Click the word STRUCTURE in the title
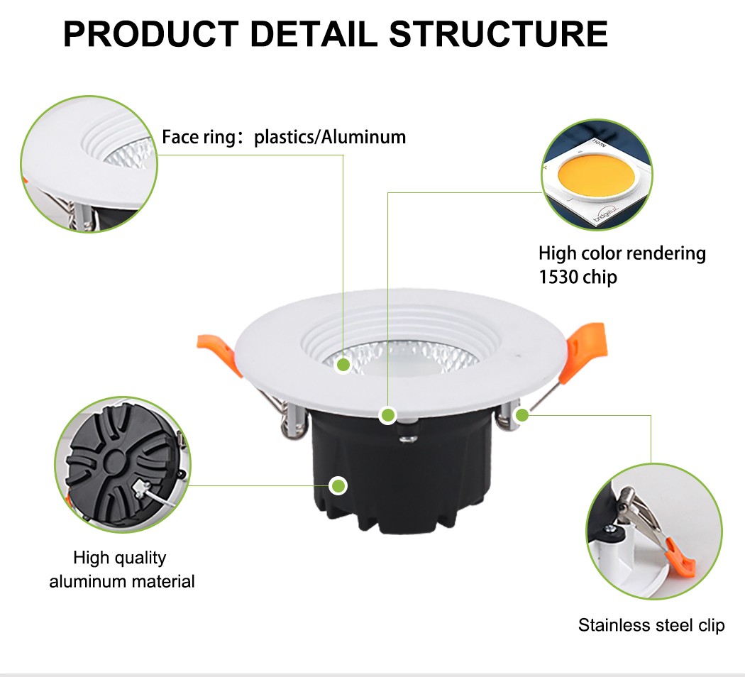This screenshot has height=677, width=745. pos(499,35)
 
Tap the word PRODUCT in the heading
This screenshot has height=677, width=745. pos(151,35)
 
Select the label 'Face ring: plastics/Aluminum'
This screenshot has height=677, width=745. pos(284,137)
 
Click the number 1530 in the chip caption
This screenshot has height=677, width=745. pos(558,276)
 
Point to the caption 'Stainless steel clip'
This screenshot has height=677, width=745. pos(651,625)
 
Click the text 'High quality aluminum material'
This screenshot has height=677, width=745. pos(121,570)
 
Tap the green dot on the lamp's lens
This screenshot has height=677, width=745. pos(343,365)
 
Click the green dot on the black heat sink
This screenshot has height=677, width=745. pos(339,486)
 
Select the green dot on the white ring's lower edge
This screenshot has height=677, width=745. pos(387,415)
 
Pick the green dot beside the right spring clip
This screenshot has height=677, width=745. pos(522,414)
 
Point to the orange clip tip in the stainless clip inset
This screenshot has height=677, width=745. pos(683,561)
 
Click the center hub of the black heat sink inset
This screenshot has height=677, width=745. pos(114,465)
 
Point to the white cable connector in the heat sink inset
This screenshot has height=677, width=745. pos(140,489)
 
